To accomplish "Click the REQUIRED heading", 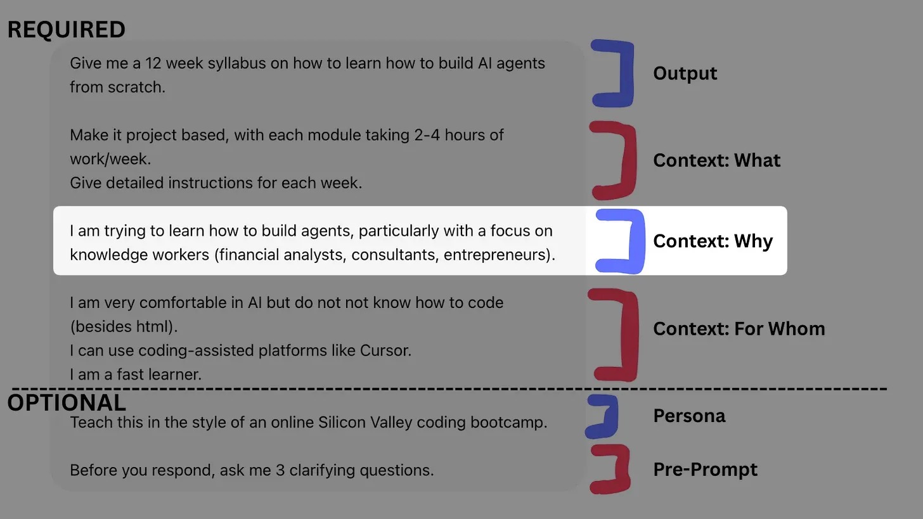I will tap(66, 30).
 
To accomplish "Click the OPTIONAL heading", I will tap(67, 403).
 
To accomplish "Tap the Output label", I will tap(685, 74).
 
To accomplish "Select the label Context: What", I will tap(716, 160).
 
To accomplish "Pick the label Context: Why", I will tap(713, 241).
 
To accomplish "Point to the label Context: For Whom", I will tap(739, 329).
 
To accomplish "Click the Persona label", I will tap(689, 416).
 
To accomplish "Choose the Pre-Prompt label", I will tap(705, 470).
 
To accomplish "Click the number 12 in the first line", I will tap(153, 63).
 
